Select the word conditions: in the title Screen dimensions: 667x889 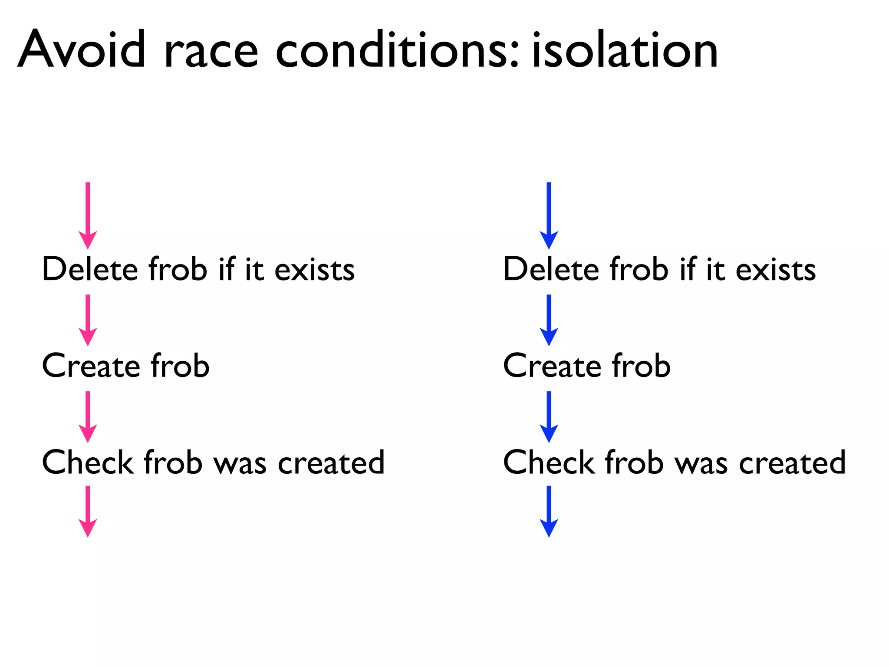tap(397, 50)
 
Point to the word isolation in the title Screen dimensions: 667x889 tap(625, 50)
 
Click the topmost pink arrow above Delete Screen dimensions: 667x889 tap(88, 215)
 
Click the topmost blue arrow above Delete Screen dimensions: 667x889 tap(549, 215)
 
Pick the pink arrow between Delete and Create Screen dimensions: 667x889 tap(88, 320)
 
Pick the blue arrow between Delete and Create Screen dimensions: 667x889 tap(549, 320)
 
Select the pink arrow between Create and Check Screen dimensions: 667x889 tap(88, 417)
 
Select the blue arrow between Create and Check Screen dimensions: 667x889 tap(549, 417)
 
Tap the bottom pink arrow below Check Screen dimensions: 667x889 tap(88, 511)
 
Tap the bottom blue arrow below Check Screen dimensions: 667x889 tap(549, 511)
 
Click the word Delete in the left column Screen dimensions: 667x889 tap(90, 269)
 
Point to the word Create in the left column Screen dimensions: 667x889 tap(91, 366)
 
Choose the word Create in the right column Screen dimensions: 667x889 tap(552, 366)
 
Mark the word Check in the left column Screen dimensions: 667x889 tap(87, 462)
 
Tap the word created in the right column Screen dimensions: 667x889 tap(792, 463)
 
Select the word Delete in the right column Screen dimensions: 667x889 tap(551, 269)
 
